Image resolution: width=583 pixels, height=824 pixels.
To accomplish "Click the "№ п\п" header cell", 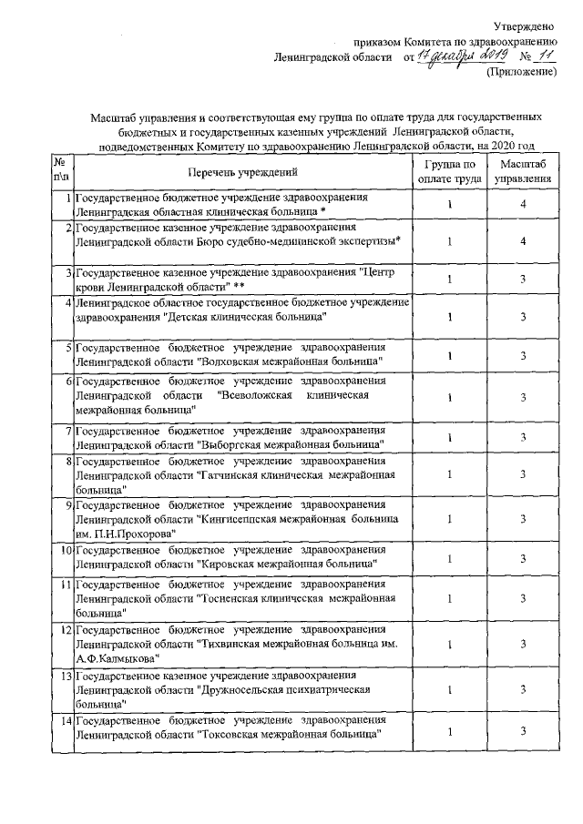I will coord(62,170).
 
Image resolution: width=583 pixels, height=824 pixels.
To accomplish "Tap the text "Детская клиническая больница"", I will coord(245,317).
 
